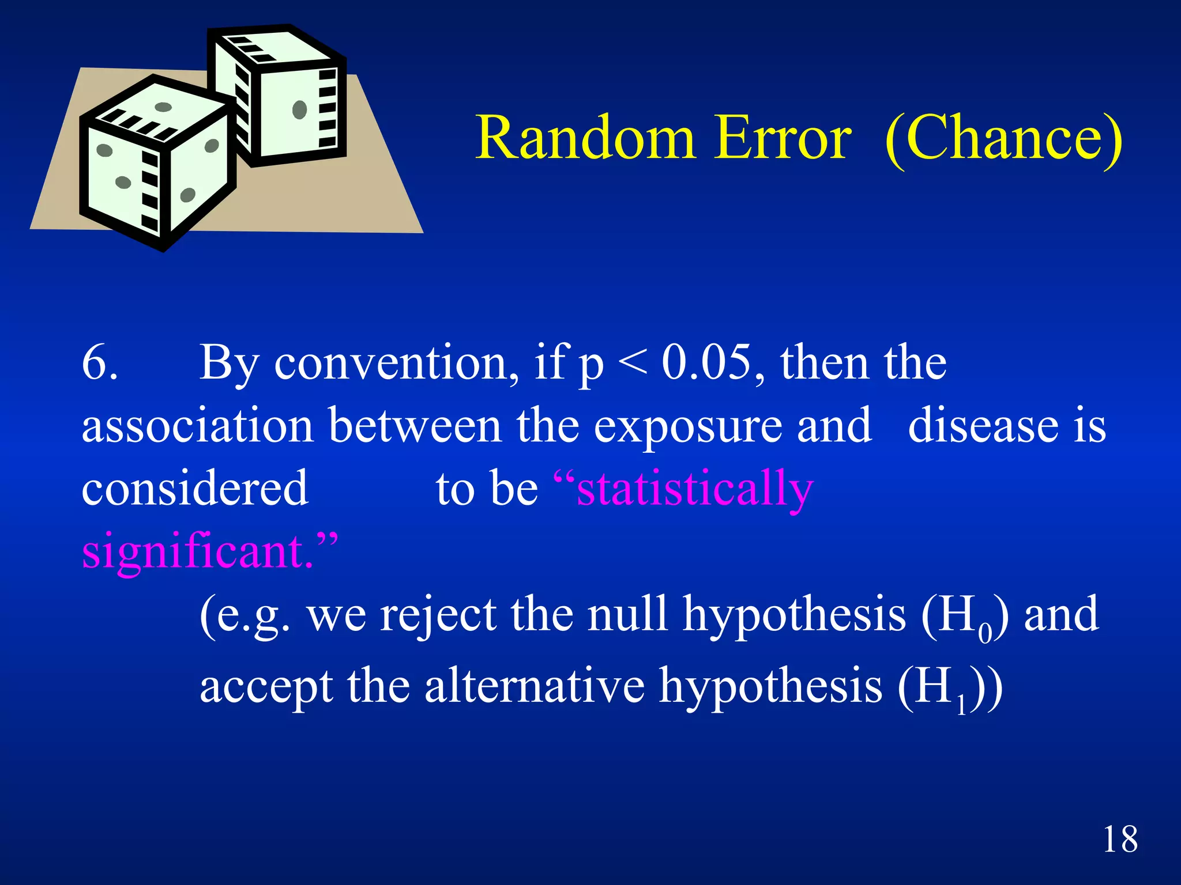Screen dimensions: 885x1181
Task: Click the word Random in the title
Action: [585, 138]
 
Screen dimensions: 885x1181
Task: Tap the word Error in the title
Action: [783, 138]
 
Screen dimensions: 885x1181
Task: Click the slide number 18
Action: [1120, 839]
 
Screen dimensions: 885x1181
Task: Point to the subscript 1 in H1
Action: [961, 705]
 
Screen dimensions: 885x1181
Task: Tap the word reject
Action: [438, 615]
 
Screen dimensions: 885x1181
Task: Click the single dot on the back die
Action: [299, 109]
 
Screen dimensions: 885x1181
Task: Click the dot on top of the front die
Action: [163, 107]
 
